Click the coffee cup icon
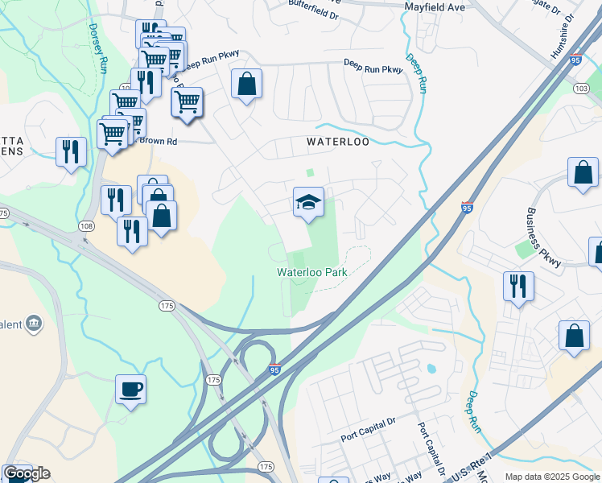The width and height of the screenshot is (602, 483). click(130, 390)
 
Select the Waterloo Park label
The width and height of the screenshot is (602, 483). click(312, 273)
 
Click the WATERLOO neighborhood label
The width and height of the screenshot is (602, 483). click(338, 142)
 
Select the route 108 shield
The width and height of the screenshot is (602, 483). click(86, 227)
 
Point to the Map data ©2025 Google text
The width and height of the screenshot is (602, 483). click(552, 477)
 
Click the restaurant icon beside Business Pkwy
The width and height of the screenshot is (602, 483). click(518, 286)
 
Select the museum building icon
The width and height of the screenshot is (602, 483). click(34, 324)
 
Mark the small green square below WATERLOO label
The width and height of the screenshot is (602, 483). click(310, 172)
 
